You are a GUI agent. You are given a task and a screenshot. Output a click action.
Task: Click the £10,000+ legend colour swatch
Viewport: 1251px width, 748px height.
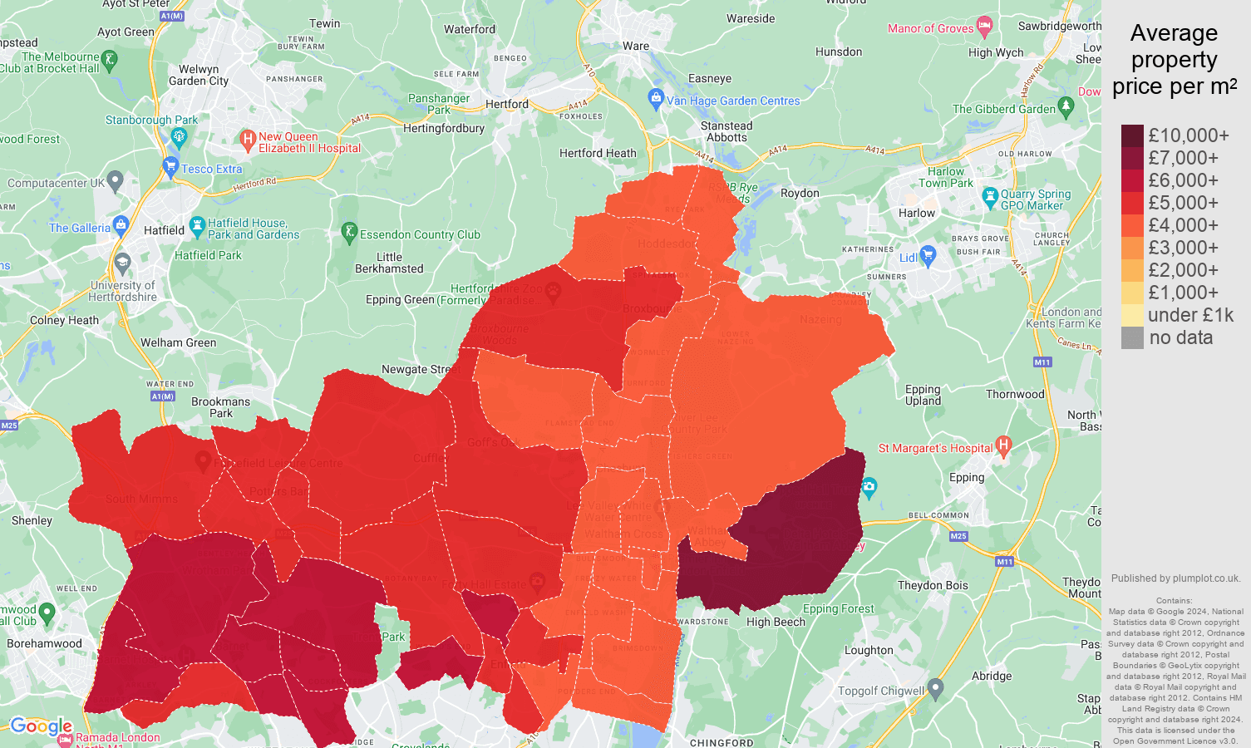pyautogui.click(x=1132, y=135)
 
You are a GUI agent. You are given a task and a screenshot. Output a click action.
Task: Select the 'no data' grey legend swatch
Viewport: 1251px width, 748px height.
pyautogui.click(x=1132, y=337)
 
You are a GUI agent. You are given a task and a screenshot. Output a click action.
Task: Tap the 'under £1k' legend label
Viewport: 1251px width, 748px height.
pyautogui.click(x=1190, y=315)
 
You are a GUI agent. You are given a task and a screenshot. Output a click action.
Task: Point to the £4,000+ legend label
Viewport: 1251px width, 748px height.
pyautogui.click(x=1183, y=225)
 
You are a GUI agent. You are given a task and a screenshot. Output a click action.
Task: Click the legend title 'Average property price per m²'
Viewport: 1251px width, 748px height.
pyautogui.click(x=1174, y=60)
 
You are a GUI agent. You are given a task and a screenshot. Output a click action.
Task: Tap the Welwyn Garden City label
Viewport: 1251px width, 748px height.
pyautogui.click(x=199, y=75)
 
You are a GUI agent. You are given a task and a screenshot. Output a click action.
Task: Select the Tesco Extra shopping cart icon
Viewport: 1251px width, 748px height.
pyautogui.click(x=171, y=166)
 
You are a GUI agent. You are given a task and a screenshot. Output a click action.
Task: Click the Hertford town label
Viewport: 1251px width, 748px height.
pyautogui.click(x=506, y=104)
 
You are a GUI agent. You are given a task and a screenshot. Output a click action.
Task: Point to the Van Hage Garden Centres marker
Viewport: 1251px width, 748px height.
pyautogui.click(x=656, y=98)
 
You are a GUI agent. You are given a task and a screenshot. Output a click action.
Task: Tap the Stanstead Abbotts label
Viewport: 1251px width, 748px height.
pyautogui.click(x=726, y=131)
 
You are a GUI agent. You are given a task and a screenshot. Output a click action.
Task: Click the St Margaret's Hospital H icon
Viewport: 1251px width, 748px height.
pyautogui.click(x=1003, y=446)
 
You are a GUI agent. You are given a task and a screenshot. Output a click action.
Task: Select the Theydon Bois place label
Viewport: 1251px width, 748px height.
pyautogui.click(x=933, y=585)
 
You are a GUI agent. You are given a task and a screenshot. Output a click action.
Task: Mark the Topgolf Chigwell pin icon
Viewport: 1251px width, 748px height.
pyautogui.click(x=935, y=688)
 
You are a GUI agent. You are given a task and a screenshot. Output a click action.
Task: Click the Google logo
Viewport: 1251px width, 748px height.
pyautogui.click(x=41, y=726)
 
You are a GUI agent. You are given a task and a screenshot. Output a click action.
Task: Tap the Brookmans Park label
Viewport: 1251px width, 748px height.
pyautogui.click(x=220, y=407)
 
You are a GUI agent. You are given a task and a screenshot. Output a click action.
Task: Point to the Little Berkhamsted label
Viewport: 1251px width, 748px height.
pyautogui.click(x=389, y=263)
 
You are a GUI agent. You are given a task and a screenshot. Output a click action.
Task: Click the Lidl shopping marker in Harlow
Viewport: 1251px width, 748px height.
pyautogui.click(x=928, y=255)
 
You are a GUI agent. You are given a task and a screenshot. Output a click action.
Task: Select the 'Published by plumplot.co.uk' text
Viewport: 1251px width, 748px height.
pyautogui.click(x=1175, y=578)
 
